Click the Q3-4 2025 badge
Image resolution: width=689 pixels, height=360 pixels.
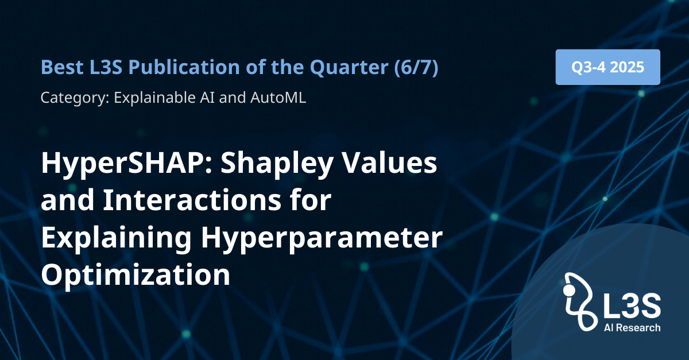point(608,67)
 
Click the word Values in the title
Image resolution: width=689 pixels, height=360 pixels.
point(389,162)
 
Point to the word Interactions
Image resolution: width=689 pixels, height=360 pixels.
point(192,200)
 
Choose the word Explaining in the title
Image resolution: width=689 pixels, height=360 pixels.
point(116,239)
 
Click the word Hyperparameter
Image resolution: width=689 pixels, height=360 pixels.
point(322,239)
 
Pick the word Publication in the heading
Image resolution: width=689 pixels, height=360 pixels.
point(184,67)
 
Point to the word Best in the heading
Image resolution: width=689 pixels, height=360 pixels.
point(62,67)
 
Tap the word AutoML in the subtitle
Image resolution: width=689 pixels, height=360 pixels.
point(278,98)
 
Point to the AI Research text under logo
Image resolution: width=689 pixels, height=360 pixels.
point(632,328)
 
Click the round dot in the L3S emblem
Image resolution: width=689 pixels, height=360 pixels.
point(569,290)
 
